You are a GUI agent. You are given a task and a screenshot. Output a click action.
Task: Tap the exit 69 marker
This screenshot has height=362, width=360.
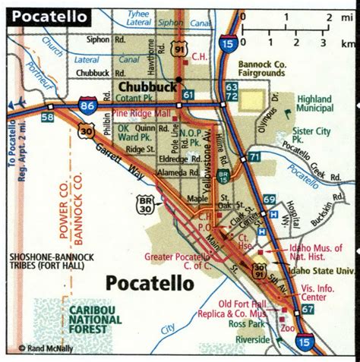click(269, 200)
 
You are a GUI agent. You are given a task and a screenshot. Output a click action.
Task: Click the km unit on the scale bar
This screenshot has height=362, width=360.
click(348, 44)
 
